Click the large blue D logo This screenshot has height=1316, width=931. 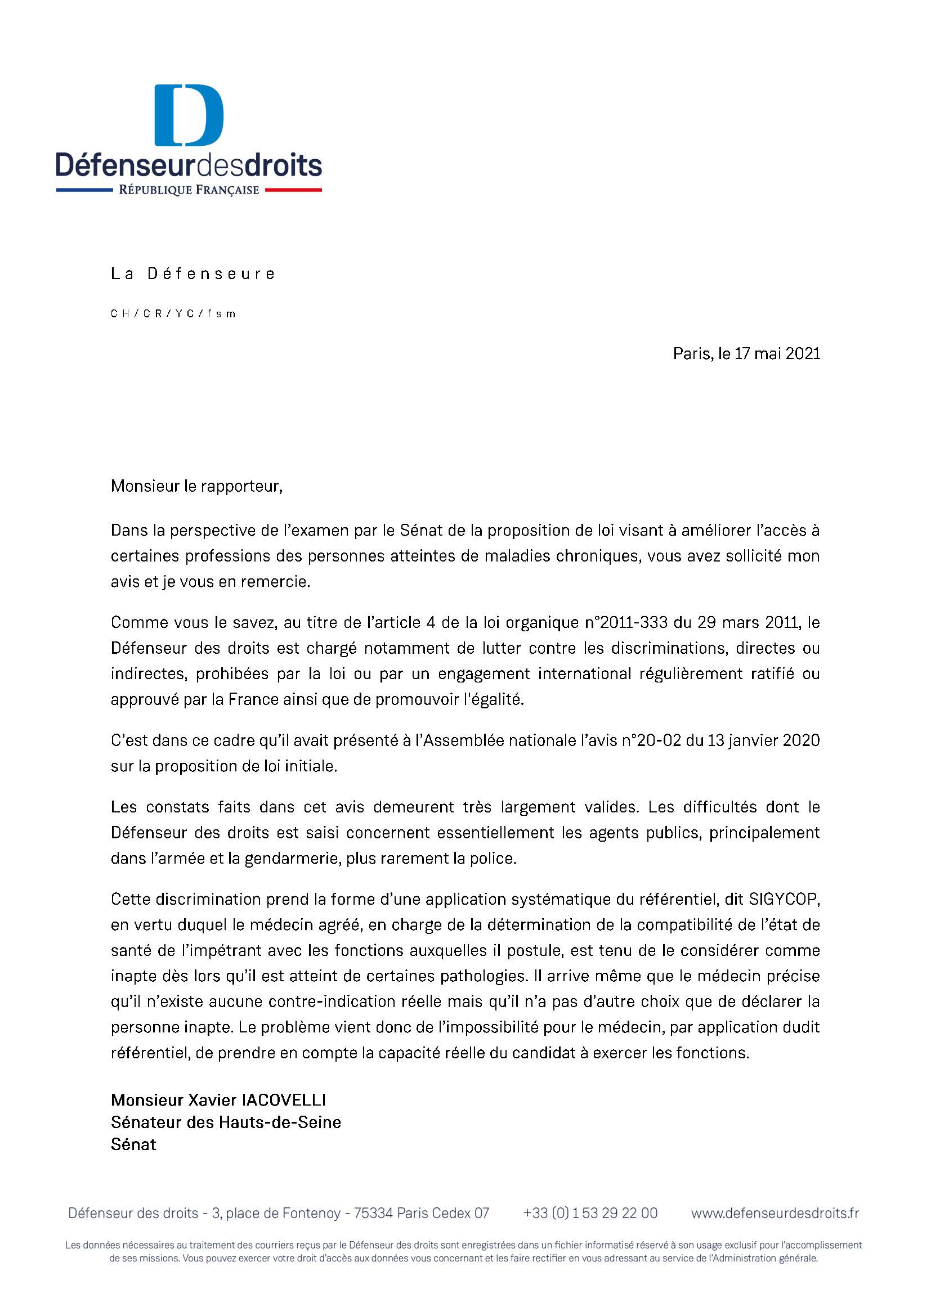[x=189, y=115]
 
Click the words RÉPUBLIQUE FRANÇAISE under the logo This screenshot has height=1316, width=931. [x=189, y=190]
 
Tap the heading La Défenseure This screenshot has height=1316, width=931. [x=193, y=274]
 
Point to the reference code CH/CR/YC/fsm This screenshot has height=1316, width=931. [x=173, y=314]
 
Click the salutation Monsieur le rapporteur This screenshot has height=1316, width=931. [x=196, y=487]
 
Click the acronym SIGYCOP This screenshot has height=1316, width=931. [x=784, y=899]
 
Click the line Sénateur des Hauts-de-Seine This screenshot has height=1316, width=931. [x=226, y=1122]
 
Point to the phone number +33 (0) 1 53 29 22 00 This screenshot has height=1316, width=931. [x=590, y=1213]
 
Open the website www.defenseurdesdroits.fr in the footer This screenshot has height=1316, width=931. [x=775, y=1213]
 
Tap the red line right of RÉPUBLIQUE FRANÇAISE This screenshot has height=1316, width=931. [x=293, y=190]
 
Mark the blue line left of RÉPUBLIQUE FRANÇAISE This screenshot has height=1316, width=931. [x=84, y=190]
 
